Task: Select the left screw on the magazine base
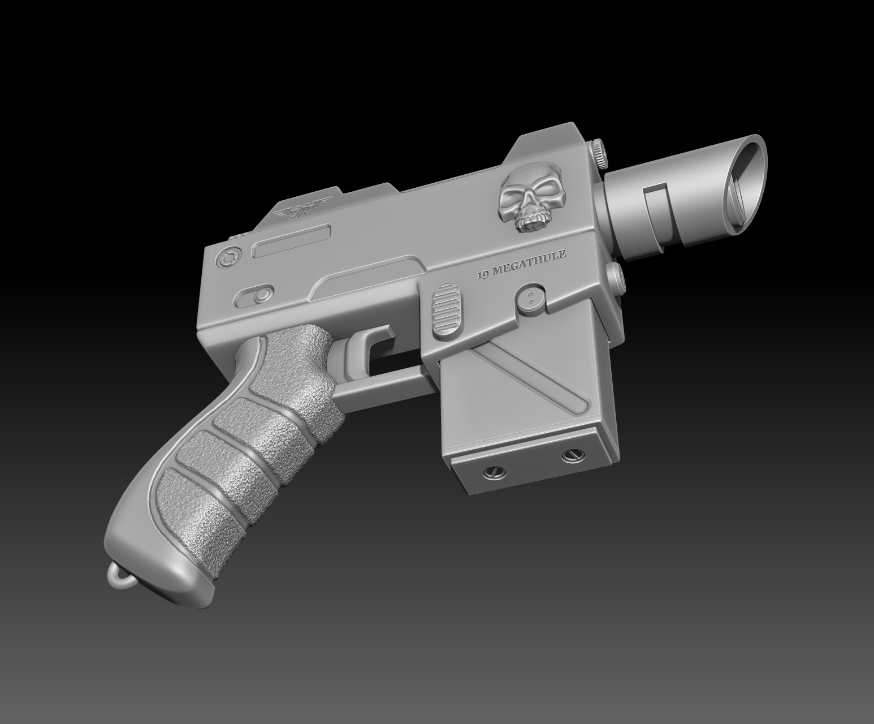pyautogui.click(x=491, y=471)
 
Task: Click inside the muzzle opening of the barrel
pyautogui.click(x=745, y=186)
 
